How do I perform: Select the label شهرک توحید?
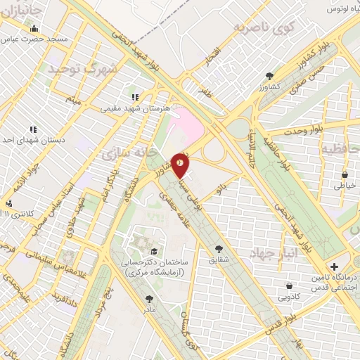pos(80,70)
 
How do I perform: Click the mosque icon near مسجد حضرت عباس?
pos(34,29)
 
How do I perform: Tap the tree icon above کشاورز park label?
pos(269,76)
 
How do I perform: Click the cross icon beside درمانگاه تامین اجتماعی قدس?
pos(333,267)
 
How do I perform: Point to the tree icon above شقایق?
pos(219,248)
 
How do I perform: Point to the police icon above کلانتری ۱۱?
pos(9,203)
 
